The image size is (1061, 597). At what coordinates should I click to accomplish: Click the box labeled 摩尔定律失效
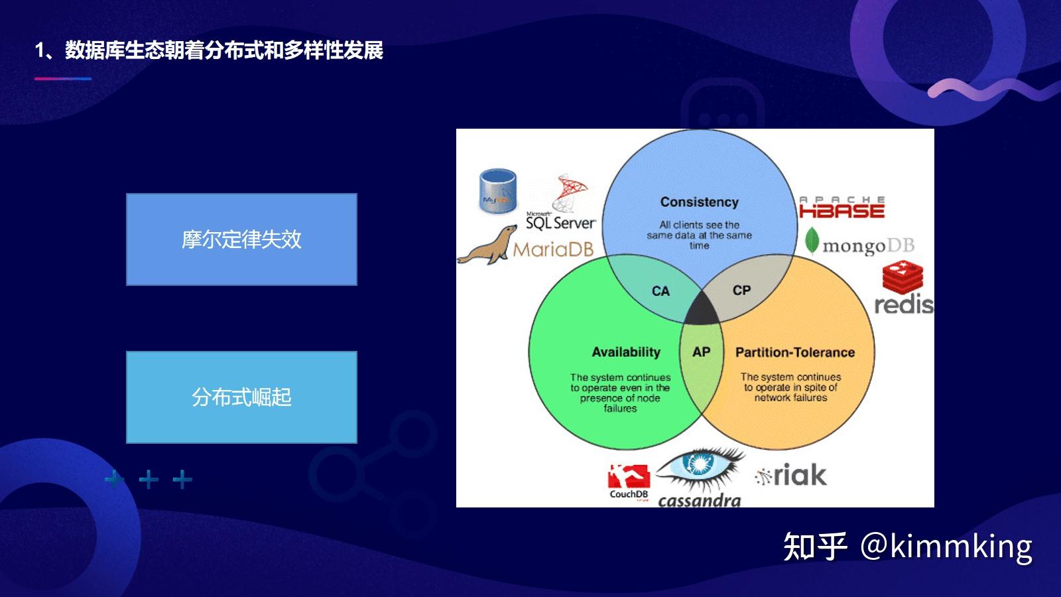coord(241,239)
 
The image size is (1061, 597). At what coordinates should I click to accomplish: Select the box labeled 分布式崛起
coord(241,397)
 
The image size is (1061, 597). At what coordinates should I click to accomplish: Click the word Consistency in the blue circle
coord(699,202)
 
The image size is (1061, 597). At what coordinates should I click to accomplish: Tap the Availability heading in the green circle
coord(626,352)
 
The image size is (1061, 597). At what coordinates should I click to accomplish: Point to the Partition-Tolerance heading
coord(794,352)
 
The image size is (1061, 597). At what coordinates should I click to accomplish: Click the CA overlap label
coord(660,291)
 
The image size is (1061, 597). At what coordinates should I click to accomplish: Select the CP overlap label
coord(741,291)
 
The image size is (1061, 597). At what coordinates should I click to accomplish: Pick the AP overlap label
coord(701,352)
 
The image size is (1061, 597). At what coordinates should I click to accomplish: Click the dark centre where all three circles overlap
coord(701,310)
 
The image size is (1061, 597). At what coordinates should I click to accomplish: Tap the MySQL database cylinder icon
coord(497,191)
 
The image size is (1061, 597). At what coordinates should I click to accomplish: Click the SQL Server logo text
coord(560,223)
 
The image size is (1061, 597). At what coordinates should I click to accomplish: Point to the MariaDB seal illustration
coord(487,245)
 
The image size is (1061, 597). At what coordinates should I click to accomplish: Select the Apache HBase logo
coord(842,208)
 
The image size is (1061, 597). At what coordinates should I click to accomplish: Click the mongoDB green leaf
coord(812,241)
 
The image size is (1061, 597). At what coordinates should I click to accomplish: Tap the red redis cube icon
coord(902,277)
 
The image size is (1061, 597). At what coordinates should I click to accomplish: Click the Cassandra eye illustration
coord(700,468)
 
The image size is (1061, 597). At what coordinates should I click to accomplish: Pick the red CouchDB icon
coord(628,476)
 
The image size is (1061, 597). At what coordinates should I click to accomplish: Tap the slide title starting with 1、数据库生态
coord(209,50)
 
